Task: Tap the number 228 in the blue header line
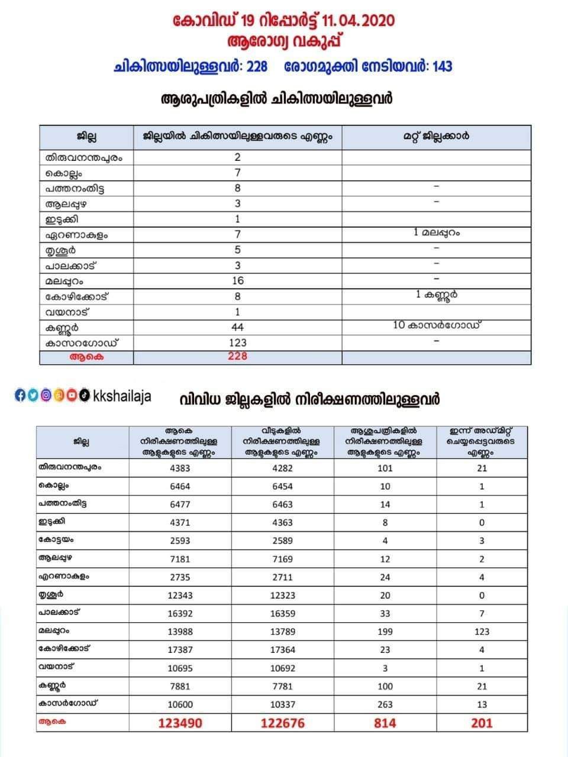(257, 67)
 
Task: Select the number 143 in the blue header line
(442, 67)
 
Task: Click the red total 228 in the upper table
(237, 357)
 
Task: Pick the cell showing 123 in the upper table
(237, 342)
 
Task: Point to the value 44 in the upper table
(237, 327)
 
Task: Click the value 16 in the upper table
(237, 281)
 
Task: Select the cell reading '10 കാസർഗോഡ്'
(436, 325)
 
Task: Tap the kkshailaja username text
(122, 396)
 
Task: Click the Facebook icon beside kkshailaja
(20, 396)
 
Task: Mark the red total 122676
(282, 723)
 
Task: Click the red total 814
(385, 723)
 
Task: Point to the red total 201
(482, 723)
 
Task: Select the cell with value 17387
(180, 650)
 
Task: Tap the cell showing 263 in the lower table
(385, 704)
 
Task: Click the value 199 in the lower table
(385, 632)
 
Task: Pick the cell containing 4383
(180, 468)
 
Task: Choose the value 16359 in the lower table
(282, 614)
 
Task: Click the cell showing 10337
(282, 704)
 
